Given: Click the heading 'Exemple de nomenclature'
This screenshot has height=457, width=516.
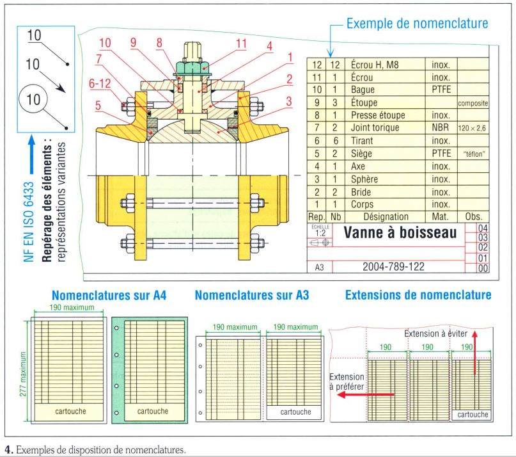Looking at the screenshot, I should (x=417, y=24).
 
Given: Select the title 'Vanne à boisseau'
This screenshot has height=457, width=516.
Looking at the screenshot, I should (x=400, y=232).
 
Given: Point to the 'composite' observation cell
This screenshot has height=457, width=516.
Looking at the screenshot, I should (x=473, y=103).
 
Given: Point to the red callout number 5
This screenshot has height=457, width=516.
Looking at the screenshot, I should (x=98, y=104).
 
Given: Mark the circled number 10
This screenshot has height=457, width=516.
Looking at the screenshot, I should (x=34, y=99).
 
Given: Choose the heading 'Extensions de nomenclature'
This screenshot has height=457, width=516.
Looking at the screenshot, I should (x=418, y=295).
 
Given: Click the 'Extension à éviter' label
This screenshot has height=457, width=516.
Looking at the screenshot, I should (x=437, y=333).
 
